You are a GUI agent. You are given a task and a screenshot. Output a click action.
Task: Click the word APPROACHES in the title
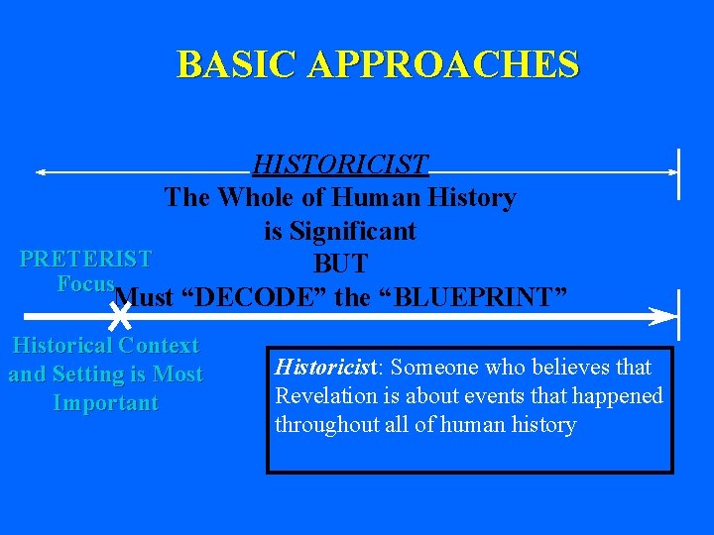tap(443, 64)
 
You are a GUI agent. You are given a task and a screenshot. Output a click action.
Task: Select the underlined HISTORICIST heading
tap(339, 163)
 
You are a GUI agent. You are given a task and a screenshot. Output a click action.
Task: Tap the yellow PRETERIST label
tap(85, 260)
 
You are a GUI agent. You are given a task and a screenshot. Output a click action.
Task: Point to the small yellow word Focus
tap(85, 284)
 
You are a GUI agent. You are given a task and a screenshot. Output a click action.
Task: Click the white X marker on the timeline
tap(119, 316)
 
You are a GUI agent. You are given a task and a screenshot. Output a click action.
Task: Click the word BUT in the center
tap(340, 264)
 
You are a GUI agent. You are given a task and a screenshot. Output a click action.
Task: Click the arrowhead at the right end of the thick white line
tap(662, 316)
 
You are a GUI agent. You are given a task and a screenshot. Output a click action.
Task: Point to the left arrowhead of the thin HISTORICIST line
tap(41, 172)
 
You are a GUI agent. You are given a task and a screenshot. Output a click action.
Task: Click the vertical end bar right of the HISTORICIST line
tap(678, 173)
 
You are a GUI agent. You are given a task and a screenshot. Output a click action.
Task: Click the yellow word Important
tap(105, 403)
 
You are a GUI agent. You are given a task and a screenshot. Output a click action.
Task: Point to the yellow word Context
tap(159, 346)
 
